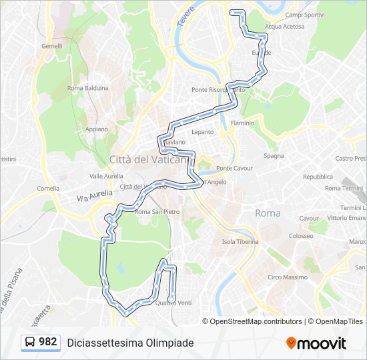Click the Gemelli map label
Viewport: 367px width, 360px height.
(x=51, y=46)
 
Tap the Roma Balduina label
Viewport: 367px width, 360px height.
(x=87, y=87)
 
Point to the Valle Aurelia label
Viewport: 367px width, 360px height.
(x=106, y=176)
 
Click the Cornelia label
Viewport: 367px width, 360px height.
(x=48, y=189)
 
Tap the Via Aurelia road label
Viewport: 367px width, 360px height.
(x=91, y=196)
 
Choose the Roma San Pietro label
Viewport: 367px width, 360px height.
(x=157, y=212)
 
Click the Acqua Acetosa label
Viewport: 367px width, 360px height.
(x=284, y=27)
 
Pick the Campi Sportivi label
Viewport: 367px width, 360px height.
(x=304, y=15)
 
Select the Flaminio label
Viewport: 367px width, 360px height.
(x=242, y=123)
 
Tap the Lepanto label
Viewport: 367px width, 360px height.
(x=203, y=132)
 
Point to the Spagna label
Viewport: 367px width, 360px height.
(x=274, y=156)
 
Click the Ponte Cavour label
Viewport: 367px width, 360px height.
(x=234, y=168)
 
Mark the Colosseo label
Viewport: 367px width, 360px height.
(x=301, y=236)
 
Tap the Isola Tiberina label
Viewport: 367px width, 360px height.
(x=240, y=242)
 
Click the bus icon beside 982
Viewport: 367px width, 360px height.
(x=30, y=343)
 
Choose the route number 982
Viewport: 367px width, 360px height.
(x=48, y=342)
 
